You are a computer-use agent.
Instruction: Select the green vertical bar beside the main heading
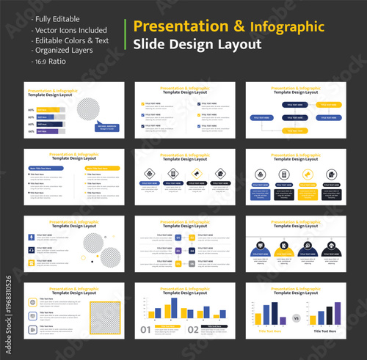click(x=127, y=35)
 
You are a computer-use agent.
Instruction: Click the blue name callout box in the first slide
click(x=107, y=126)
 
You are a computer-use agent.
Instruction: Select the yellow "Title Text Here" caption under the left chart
click(x=272, y=331)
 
